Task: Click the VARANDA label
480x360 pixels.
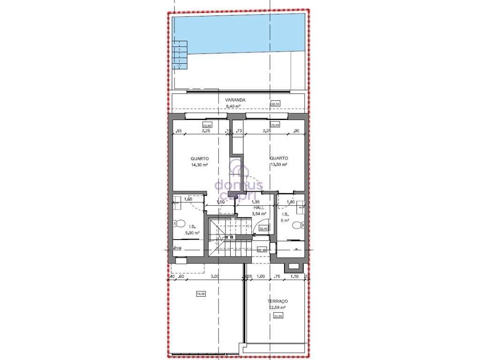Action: pos(235,100)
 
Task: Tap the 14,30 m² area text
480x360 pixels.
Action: pos(200,165)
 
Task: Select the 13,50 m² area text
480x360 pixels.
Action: pos(278,165)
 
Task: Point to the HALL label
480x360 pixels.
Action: pos(259,207)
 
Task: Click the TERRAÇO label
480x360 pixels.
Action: pos(277,301)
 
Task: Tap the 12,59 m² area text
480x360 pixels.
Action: pos(277,307)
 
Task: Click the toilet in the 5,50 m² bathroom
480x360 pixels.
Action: pos(179,224)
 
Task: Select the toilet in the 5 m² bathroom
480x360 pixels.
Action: pos(297,225)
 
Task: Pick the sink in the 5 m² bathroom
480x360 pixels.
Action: pos(300,205)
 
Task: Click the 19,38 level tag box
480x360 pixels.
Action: pos(201,294)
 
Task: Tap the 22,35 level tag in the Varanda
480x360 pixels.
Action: pos(275,104)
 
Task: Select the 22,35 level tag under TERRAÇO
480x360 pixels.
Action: pos(278,316)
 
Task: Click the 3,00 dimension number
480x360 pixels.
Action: pos(215,277)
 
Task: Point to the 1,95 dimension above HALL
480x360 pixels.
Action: pos(256,202)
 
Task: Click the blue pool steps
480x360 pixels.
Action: pos(179,55)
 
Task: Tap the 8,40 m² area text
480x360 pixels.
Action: pos(233,106)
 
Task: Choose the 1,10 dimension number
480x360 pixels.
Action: pos(294,277)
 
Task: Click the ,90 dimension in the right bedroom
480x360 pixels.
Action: pos(296,131)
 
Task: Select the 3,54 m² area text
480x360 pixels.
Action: pos(259,214)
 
